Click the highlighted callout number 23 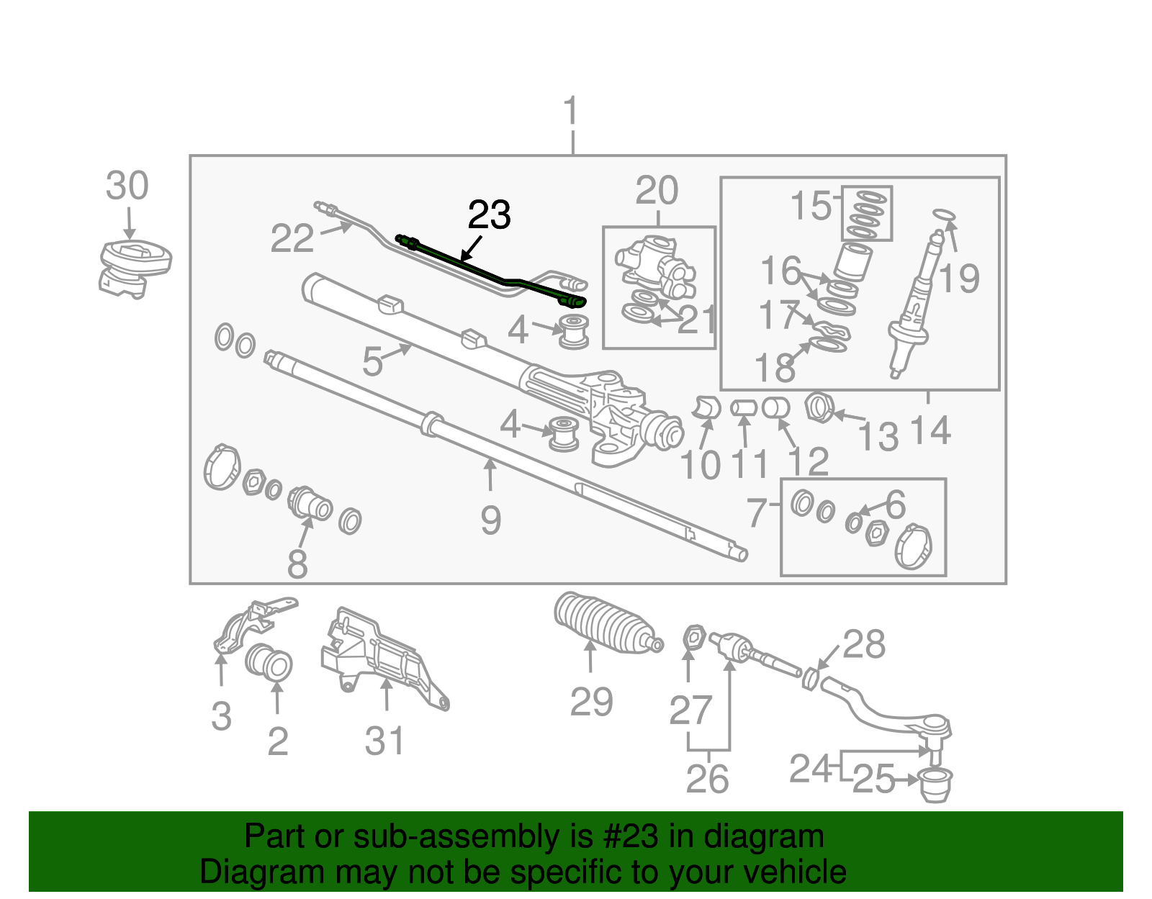490,215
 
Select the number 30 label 127,186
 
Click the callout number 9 490,520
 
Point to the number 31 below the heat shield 385,741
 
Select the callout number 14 930,430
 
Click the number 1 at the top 570,112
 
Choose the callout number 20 657,191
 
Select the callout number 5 372,361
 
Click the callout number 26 707,779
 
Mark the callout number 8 297,564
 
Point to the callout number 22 292,238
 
